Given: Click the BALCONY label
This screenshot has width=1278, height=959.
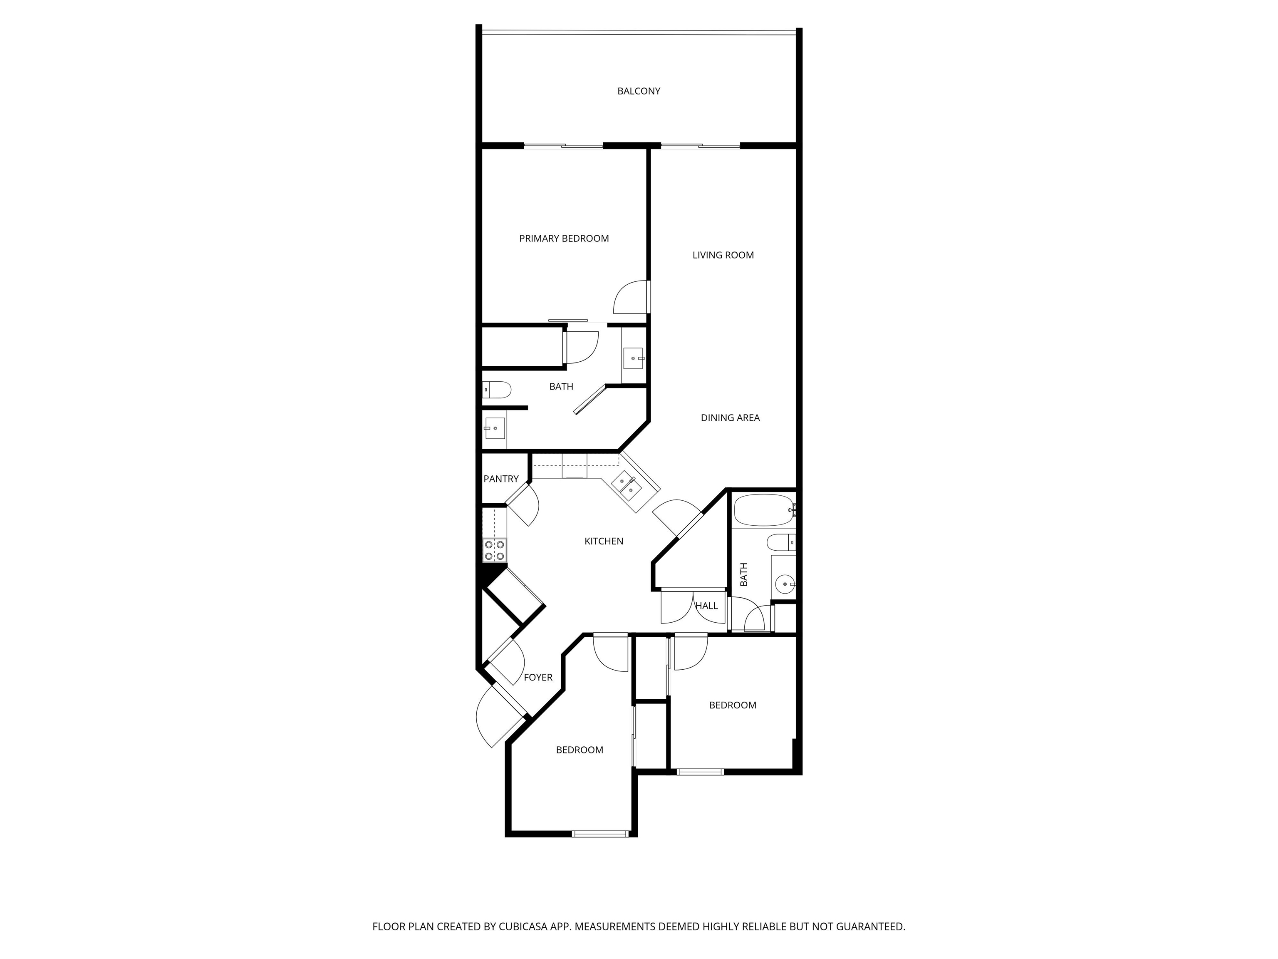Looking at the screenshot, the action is (x=639, y=91).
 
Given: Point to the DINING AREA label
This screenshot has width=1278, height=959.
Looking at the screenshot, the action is (x=730, y=418).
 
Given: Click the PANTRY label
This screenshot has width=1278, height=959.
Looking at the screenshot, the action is (x=501, y=479).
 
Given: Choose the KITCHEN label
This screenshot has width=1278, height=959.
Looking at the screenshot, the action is (x=604, y=542).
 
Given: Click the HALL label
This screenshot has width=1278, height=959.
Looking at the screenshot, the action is (x=706, y=606).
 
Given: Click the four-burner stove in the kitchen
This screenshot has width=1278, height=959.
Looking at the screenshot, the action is (x=495, y=550).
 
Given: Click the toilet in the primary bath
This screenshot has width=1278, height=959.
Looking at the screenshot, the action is (x=497, y=390).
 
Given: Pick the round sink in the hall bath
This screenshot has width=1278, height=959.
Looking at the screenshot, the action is (x=785, y=584).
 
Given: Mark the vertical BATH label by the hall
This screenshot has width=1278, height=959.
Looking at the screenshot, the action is (x=743, y=574).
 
